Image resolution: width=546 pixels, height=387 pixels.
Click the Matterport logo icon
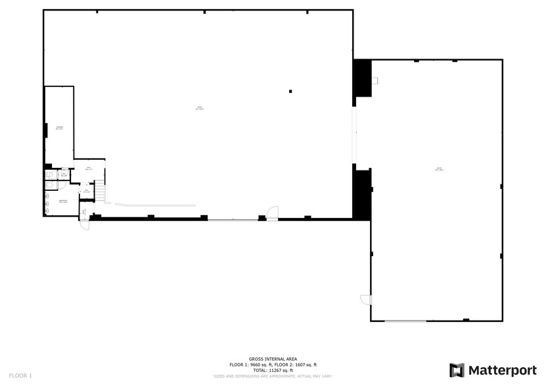point(457,370)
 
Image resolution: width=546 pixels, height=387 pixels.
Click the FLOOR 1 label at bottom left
point(20,376)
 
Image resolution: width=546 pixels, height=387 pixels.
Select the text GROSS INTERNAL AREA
point(272,359)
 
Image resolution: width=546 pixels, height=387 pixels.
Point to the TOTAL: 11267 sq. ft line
point(272,370)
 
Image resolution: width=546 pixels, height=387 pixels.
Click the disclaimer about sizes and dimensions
point(272,376)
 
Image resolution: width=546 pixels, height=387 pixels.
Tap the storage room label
point(59,128)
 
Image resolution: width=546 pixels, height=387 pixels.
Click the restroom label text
point(63,201)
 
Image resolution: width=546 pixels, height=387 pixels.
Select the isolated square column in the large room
point(290,91)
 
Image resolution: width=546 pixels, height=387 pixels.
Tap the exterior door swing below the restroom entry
point(85,224)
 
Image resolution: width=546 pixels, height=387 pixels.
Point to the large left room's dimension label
point(199,109)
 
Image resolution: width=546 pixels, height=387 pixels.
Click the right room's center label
point(439,169)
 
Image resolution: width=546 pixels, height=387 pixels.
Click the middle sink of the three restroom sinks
point(48,203)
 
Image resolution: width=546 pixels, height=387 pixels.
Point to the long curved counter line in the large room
point(155,205)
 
